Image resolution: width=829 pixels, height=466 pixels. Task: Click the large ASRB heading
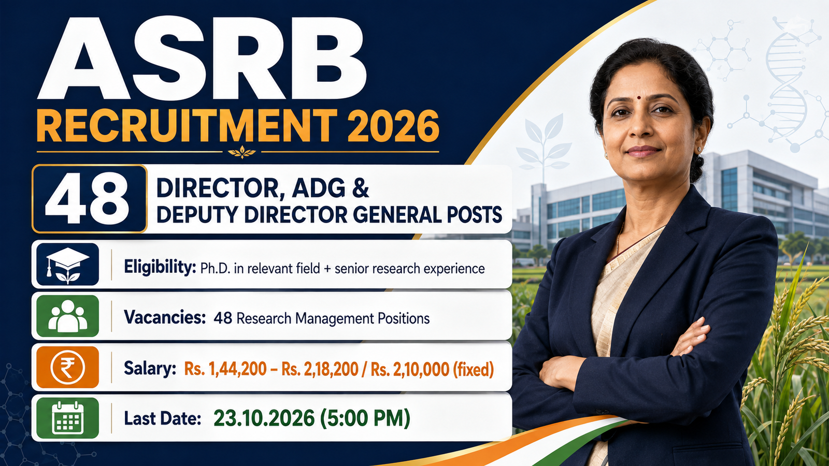coord(202,59)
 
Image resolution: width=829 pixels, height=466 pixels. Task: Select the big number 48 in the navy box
coord(88,199)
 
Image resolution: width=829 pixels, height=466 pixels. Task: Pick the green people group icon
coord(67,316)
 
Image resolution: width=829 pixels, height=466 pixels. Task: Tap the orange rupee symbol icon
coord(67,367)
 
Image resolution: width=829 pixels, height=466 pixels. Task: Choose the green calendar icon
coord(67,418)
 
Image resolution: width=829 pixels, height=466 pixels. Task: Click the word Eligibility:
coord(160,267)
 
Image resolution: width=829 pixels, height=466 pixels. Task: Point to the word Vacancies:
coord(165,317)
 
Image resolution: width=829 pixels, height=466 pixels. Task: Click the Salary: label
coord(150,368)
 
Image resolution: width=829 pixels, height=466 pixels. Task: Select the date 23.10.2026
coord(264,418)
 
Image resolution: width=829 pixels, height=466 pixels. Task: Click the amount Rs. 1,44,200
coord(225,369)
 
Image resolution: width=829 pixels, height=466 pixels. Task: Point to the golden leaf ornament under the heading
coord(242,152)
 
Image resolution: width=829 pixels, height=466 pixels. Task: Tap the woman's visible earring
coord(699,149)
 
